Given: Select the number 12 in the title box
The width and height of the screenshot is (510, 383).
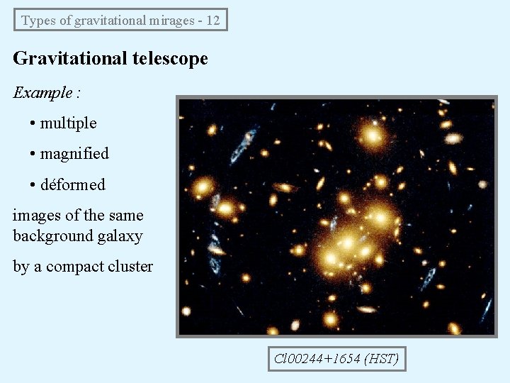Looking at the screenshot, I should coord(213,20).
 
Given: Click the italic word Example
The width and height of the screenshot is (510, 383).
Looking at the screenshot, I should coord(42,92).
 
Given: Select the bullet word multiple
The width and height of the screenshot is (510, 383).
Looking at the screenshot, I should coord(69,123).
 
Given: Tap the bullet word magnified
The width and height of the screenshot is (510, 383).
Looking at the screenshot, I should coord(74,154).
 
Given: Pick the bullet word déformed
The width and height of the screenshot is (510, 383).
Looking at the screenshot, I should coord(72,185).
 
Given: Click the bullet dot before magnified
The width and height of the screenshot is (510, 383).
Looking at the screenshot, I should coord(33,154).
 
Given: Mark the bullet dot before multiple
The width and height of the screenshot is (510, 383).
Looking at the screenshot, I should coord(33,123).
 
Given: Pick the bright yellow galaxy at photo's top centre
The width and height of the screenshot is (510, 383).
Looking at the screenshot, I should coord(370,135).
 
